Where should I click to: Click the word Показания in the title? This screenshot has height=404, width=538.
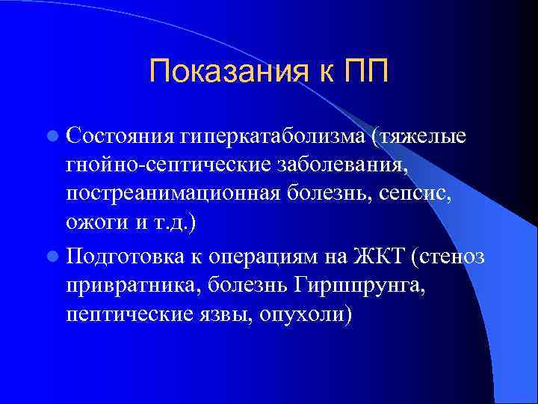223,72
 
